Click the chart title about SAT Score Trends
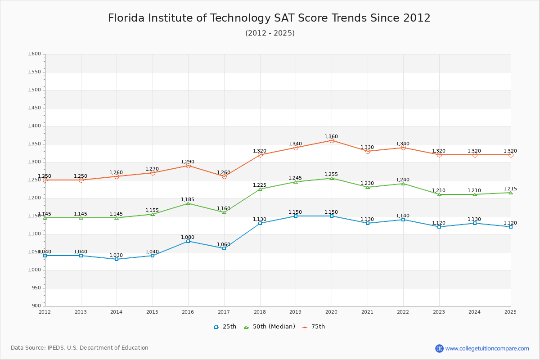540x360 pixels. tap(269, 18)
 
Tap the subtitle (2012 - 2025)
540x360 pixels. tap(270, 33)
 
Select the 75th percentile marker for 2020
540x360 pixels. tap(332, 140)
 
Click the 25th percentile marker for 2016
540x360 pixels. tap(188, 241)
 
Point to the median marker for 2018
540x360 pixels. tap(260, 189)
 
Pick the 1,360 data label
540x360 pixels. tap(331, 136)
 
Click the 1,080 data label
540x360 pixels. tap(188, 237)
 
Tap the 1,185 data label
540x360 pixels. tap(188, 199)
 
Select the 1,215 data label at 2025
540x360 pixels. tap(510, 189)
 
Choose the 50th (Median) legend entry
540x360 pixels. tap(270, 327)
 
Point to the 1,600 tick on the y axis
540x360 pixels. tap(34, 54)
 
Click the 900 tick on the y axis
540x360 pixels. tap(36, 306)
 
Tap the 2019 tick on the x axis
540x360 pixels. tap(296, 312)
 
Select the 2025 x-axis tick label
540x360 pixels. tap(510, 312)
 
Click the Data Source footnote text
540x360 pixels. tap(80, 348)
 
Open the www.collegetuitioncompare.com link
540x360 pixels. tap(487, 348)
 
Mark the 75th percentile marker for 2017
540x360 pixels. tap(224, 176)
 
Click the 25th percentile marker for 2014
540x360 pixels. tap(117, 259)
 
